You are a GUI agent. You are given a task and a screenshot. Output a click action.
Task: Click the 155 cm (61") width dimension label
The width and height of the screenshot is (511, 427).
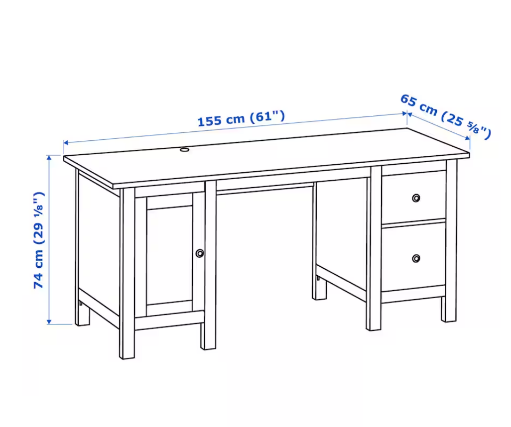[241, 118]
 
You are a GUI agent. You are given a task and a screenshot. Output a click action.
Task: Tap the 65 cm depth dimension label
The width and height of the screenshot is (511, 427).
[445, 116]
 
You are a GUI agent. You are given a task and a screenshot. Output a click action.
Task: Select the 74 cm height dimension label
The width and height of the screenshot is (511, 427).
[39, 240]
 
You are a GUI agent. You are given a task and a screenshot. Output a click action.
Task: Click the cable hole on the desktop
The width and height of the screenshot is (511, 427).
[184, 149]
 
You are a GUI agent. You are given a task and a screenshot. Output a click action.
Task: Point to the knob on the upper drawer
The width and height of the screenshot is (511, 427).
[416, 198]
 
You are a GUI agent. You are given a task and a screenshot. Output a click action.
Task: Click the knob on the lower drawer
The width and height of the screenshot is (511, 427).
[416, 258]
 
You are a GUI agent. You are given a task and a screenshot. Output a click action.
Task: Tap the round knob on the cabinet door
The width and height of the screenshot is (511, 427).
[200, 253]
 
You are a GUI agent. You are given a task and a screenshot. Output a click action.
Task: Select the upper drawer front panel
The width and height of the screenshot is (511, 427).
[414, 197]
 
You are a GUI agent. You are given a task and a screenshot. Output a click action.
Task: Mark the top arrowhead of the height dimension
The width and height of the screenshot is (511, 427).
[49, 157]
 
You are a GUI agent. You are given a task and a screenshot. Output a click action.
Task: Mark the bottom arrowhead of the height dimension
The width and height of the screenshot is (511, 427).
[49, 322]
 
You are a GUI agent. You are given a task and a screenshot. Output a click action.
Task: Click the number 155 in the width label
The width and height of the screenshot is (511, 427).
[210, 121]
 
